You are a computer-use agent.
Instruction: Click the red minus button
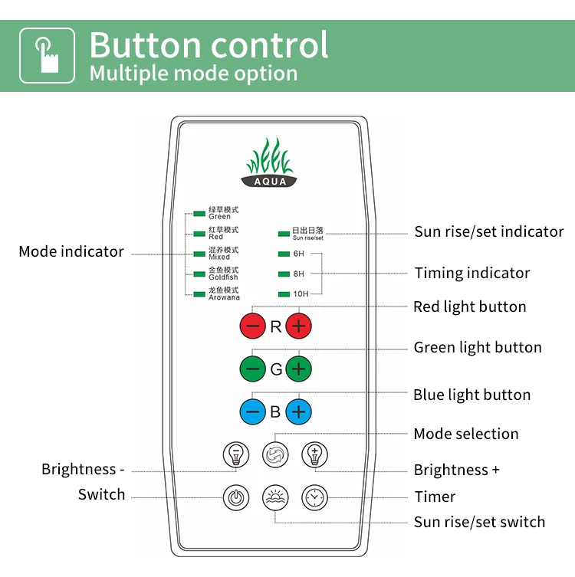point(252,326)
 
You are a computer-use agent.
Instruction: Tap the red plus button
point(299,326)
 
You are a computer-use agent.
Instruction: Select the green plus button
point(299,369)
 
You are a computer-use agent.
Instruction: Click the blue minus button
point(252,411)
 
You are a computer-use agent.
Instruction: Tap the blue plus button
point(299,411)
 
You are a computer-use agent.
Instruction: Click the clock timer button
point(314,498)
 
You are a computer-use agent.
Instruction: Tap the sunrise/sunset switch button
point(275,498)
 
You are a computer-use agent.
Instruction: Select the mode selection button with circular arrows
point(275,455)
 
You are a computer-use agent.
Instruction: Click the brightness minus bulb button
point(236,455)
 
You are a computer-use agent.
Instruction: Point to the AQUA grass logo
point(270,162)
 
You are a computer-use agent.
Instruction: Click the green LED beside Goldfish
point(199,274)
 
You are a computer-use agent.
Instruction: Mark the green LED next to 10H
point(284,293)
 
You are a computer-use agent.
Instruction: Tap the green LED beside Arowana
point(199,293)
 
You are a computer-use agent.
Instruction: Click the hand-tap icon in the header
point(47,55)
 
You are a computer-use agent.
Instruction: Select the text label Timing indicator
point(472,273)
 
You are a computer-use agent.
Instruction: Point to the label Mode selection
point(466,434)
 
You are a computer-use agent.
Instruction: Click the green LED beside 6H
point(284,254)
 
